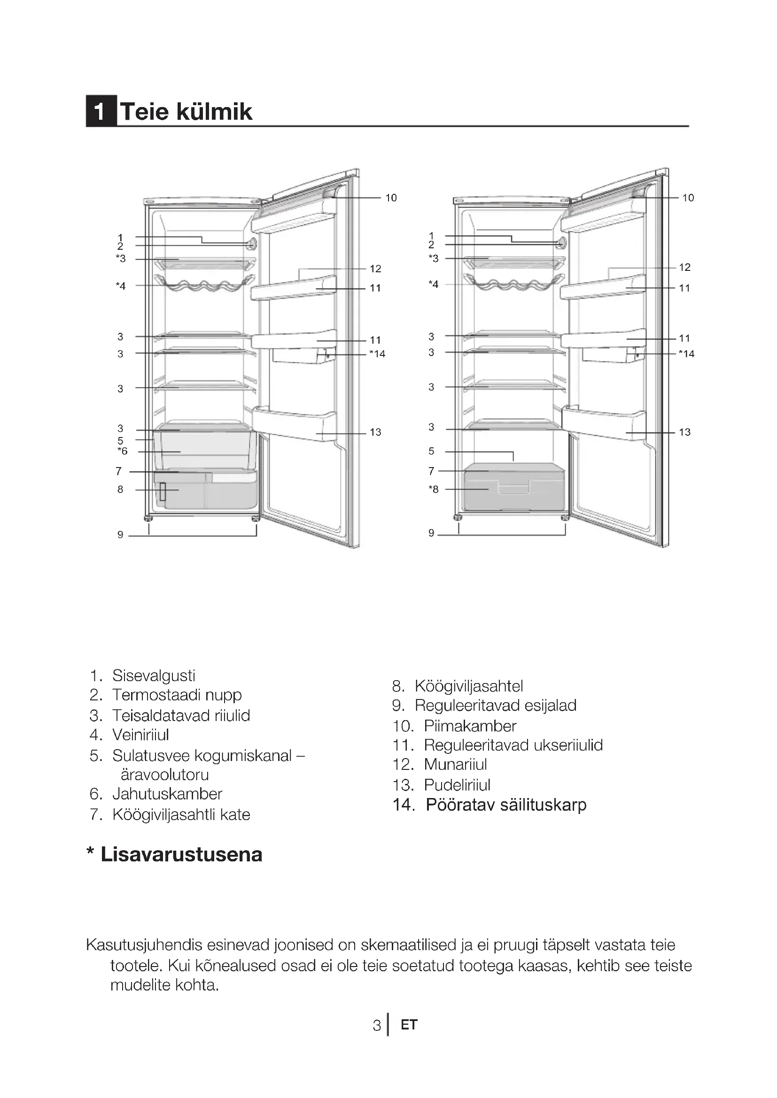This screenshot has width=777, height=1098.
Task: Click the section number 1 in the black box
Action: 101,111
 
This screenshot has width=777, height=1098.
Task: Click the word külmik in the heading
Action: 214,111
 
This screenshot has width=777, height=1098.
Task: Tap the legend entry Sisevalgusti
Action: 154,675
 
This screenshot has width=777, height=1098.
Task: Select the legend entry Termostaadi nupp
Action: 177,695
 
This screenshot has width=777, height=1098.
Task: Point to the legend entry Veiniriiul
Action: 140,735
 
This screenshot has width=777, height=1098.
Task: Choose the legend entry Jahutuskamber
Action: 167,794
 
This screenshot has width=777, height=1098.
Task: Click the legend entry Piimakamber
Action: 470,726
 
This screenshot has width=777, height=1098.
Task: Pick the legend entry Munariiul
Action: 455,764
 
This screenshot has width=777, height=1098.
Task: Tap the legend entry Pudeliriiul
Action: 457,785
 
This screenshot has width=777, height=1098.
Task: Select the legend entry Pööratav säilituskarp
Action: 506,805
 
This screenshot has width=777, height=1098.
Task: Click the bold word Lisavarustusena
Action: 181,854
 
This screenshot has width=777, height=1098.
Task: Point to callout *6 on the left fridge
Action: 123,451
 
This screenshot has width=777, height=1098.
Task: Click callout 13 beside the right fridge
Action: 684,432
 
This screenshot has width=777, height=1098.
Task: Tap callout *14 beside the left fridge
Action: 377,354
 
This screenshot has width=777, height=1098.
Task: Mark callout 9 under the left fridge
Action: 120,535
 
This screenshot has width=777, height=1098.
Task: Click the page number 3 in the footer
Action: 377,1025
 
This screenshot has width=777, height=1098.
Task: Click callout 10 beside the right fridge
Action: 688,198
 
